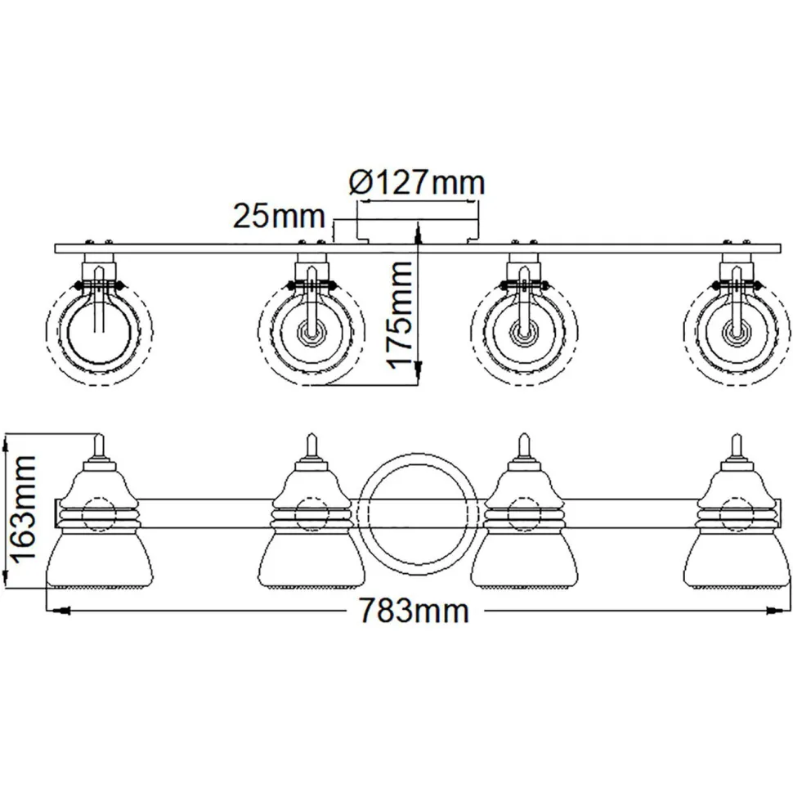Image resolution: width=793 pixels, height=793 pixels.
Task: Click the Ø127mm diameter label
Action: click(x=416, y=181)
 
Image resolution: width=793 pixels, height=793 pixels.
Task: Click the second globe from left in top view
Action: click(x=310, y=330)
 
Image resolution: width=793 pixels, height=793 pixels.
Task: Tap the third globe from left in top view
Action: click(x=522, y=330)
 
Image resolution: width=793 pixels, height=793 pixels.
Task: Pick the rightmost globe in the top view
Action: click(x=733, y=330)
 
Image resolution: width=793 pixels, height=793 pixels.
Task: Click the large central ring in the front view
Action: click(x=415, y=515)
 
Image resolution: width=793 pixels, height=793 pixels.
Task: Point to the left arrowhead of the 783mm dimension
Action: click(x=54, y=610)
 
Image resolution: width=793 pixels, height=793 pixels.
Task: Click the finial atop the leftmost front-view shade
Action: click(x=100, y=446)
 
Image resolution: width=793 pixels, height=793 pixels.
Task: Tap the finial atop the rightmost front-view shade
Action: click(x=733, y=446)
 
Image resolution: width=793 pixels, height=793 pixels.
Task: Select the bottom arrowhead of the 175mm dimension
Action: click(x=419, y=378)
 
